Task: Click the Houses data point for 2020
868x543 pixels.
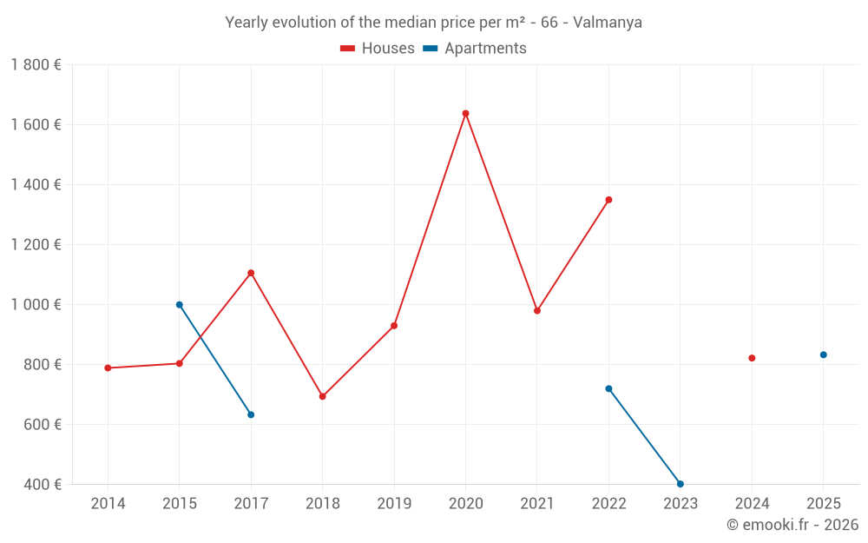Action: [x=465, y=113]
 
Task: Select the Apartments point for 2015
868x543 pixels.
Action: [x=180, y=305]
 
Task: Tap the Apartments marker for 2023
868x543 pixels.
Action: [x=681, y=484]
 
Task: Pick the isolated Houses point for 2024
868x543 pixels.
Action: [x=752, y=358]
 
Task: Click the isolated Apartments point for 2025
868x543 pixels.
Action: [x=824, y=354]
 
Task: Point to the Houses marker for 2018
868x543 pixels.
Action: [x=323, y=396]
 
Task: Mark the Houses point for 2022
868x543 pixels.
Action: [x=608, y=200]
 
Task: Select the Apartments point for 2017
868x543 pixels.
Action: [x=251, y=414]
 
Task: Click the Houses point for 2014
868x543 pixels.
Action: [x=108, y=368]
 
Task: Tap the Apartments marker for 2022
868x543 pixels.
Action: [x=608, y=388]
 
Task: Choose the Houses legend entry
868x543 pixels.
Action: [x=378, y=49]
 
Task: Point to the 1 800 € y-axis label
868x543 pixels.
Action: [x=36, y=65]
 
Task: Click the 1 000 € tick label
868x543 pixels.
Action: [x=36, y=305]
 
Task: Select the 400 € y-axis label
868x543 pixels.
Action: [x=41, y=484]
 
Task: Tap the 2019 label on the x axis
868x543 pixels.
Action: [x=394, y=504]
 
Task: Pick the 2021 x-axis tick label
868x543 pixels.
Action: [x=537, y=504]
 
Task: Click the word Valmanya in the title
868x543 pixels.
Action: [x=608, y=23]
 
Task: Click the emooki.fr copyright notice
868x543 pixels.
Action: [x=792, y=525]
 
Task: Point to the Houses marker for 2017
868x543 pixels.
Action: [x=251, y=273]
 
